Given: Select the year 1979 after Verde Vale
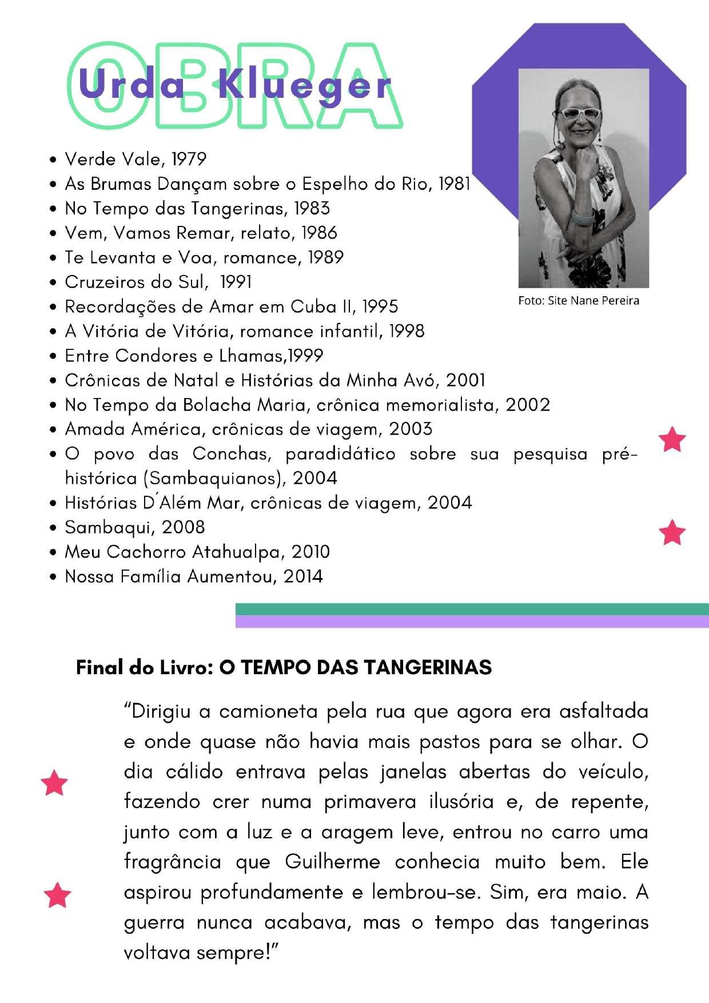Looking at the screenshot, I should click(x=189, y=159).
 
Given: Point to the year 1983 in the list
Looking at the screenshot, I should click(x=312, y=208).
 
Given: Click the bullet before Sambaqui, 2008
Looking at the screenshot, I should click(x=53, y=528).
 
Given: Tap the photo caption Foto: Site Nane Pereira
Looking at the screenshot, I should click(x=579, y=301).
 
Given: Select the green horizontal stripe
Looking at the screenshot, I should click(x=472, y=609).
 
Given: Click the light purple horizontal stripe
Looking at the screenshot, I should click(x=472, y=622).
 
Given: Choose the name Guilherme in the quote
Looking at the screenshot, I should click(x=332, y=862).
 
